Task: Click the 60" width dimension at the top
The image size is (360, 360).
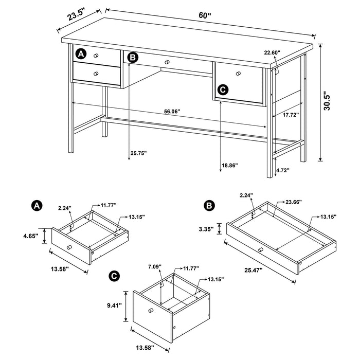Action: tap(205, 15)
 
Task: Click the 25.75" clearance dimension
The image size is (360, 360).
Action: tap(139, 153)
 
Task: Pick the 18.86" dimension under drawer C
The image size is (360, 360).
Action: tap(230, 165)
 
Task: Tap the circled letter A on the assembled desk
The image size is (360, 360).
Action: tap(80, 53)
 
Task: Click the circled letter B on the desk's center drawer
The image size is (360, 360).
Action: tap(133, 58)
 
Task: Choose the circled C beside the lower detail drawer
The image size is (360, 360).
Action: tap(222, 89)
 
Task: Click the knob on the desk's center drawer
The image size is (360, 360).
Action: tap(167, 62)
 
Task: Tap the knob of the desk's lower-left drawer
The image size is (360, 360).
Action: tap(96, 74)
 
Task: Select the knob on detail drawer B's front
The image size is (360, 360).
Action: tap(260, 249)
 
